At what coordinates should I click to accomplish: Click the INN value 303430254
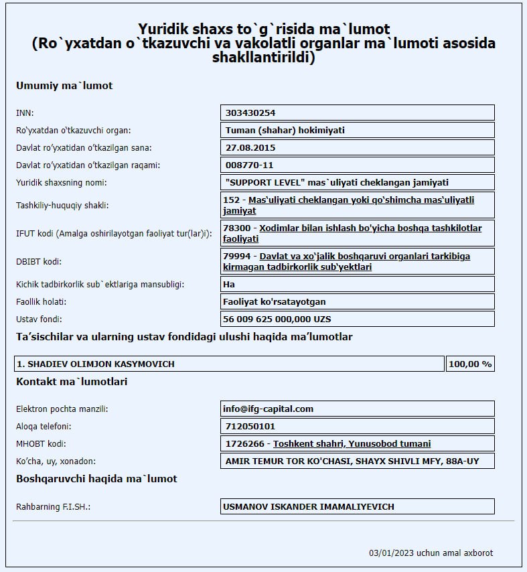pos(251,113)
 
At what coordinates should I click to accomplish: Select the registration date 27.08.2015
pos(250,147)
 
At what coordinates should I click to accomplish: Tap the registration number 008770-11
pos(250,165)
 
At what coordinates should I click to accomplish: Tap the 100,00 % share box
pos(470,364)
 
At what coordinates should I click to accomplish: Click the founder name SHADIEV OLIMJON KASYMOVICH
pos(96,364)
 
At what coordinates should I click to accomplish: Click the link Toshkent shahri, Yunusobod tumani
pos(352,443)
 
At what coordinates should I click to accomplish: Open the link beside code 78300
pos(370,228)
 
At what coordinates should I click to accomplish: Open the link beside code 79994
pos(374,257)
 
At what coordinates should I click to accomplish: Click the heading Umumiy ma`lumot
pos(64,86)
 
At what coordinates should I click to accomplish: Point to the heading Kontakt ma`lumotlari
pos(72,382)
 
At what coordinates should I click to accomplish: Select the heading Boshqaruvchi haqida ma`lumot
pos(96,479)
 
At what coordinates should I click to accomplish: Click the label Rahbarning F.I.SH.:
pos(53,507)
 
